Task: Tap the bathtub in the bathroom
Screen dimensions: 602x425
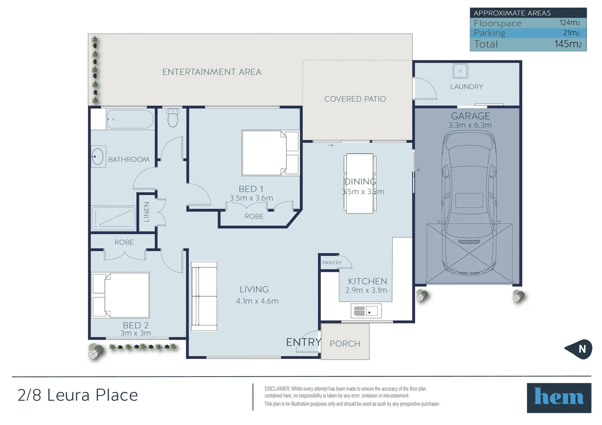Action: (x=130, y=119)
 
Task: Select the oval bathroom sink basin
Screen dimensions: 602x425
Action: (x=98, y=156)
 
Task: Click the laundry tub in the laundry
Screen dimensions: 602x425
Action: (x=460, y=71)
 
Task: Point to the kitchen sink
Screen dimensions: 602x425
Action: (x=366, y=311)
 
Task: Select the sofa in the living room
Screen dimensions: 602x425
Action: (x=204, y=296)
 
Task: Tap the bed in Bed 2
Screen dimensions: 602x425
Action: (x=120, y=295)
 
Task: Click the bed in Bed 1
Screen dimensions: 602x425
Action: (x=270, y=153)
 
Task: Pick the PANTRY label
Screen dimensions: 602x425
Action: (x=332, y=263)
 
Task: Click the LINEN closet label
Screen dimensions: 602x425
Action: (x=147, y=212)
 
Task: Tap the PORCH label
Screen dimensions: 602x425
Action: (x=345, y=344)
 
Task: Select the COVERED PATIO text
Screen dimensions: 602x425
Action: (x=355, y=99)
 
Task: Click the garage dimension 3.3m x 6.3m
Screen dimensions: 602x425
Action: (x=470, y=125)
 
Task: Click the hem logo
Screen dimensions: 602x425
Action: (x=559, y=398)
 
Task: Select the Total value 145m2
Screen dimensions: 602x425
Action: (x=568, y=44)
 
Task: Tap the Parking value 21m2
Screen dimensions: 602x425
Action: (x=571, y=33)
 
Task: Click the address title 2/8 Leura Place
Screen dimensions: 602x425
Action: (x=78, y=395)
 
